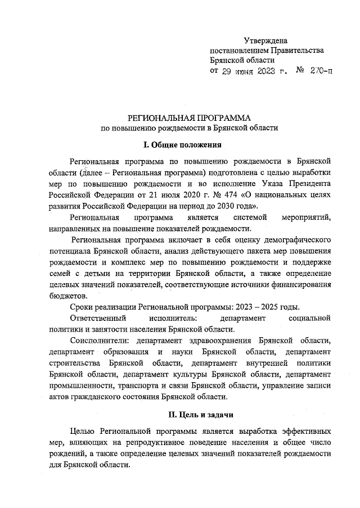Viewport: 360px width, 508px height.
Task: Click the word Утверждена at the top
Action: pyautogui.click(x=265, y=40)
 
